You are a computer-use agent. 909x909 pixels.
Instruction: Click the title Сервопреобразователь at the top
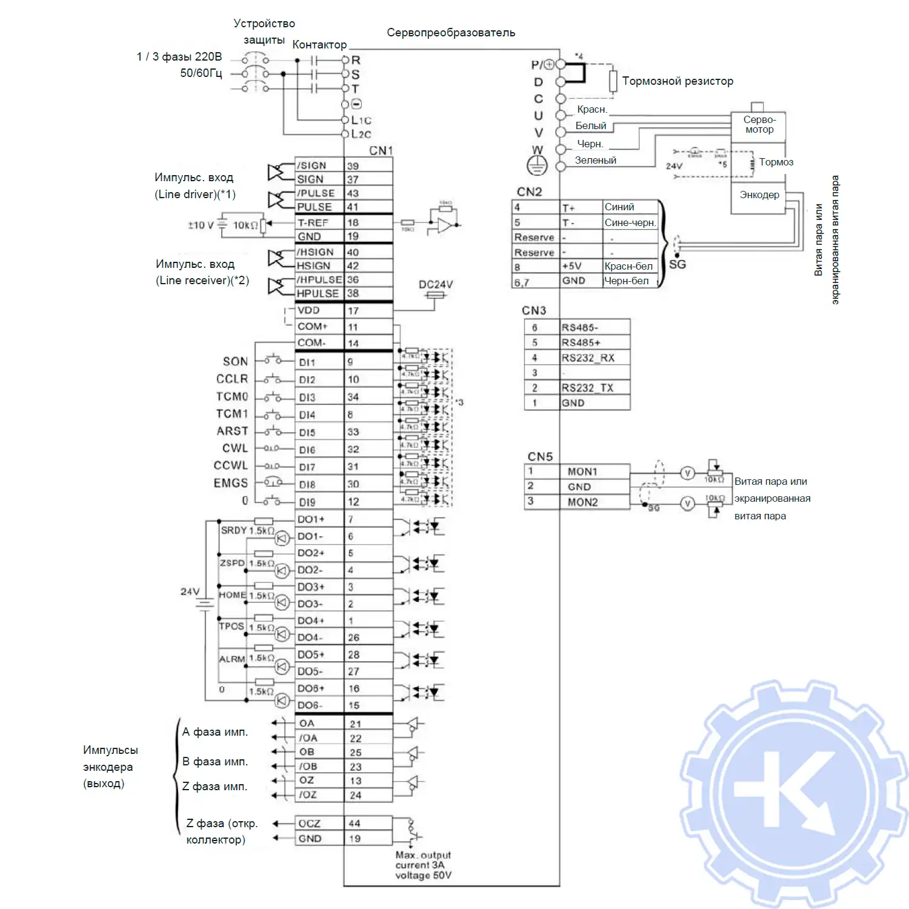coord(451,33)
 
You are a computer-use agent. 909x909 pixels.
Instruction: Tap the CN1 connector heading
coord(381,150)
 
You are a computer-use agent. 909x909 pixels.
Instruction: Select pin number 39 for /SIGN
coord(353,166)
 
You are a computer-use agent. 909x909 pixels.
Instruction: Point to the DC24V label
coord(436,284)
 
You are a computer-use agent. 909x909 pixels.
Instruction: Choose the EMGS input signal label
coord(231,483)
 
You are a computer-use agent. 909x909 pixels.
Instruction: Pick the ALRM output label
coord(232,659)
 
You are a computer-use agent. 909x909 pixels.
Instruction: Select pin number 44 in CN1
coord(355,824)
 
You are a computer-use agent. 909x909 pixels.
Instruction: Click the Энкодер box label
coord(759,195)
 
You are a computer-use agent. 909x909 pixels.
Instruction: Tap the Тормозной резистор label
coord(678,81)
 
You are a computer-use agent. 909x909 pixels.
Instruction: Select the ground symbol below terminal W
coord(537,164)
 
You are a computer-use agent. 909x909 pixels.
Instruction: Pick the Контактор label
coord(319,45)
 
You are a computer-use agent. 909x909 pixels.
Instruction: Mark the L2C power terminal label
coord(361,134)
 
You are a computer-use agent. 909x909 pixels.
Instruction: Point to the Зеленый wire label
coord(596,160)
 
